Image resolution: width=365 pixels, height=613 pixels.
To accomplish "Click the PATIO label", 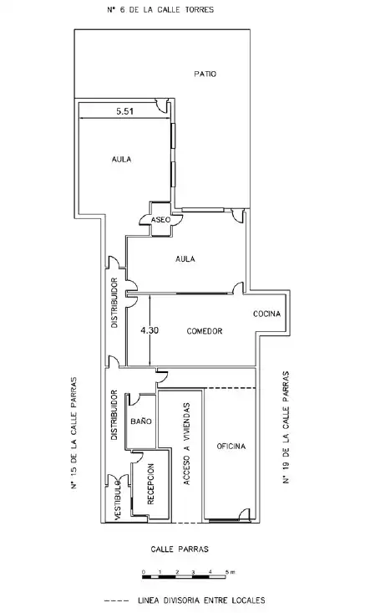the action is point(205,74).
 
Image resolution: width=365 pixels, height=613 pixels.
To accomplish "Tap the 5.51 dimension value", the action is point(124,111).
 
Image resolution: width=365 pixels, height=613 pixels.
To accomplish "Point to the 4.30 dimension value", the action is point(150,330).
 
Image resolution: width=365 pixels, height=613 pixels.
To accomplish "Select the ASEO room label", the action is point(161,220).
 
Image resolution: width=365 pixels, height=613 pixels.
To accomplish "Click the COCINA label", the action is point(266,314).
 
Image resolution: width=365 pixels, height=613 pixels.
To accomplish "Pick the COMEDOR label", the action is point(205,331).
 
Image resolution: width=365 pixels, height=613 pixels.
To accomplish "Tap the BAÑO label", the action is point(141,421).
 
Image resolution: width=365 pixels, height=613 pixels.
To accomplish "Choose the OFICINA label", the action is point(231,446).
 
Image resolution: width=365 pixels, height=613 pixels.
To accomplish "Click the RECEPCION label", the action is point(150,484).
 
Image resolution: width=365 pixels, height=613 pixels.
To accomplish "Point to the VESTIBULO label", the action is point(118,500).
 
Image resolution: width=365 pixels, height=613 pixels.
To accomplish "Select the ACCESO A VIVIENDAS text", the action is point(186,444).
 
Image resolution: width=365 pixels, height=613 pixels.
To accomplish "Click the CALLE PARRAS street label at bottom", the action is point(180,549).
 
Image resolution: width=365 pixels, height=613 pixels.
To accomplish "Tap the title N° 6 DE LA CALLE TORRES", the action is point(160,10).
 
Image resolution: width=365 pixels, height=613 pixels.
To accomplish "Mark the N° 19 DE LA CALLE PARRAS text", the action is point(286,427).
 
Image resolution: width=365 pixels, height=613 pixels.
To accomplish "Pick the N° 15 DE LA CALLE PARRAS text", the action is point(74,433).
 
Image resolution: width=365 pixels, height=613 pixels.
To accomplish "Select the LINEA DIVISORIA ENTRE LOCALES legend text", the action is point(201,600).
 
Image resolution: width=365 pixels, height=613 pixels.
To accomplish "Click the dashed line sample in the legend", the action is point(116,600).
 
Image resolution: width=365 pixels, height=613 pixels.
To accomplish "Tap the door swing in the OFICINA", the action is point(245,513).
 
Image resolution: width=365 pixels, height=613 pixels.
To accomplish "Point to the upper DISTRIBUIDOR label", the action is point(114,303).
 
